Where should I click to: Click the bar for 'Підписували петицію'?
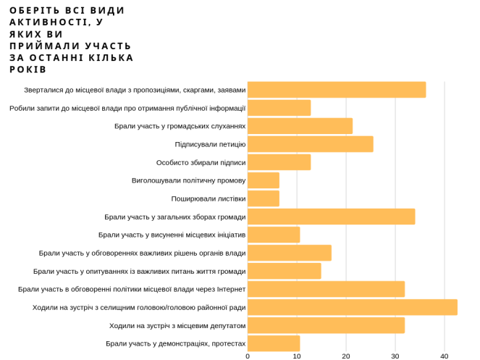coord(310,144)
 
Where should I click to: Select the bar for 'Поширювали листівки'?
coord(263,198)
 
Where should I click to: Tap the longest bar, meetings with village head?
coord(352,307)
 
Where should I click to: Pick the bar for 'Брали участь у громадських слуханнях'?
coord(300,126)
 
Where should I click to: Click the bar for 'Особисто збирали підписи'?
coord(279,162)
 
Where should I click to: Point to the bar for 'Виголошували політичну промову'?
coord(263,180)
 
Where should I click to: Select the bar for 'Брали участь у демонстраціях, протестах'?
coord(274,343)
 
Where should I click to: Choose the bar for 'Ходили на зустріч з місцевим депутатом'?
coord(326,325)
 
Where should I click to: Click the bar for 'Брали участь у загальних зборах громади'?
coord(331,217)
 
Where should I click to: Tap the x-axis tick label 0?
coord(248,356)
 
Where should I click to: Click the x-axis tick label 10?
coord(297,356)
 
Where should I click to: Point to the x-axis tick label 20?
coord(346,356)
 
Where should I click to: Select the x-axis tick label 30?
coord(395,356)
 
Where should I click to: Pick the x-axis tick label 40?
coord(445,356)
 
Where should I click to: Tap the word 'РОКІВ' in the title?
coord(28,70)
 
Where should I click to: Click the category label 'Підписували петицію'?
coord(210,144)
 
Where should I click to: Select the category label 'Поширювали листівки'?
coord(208,198)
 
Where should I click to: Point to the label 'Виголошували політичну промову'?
coord(188,180)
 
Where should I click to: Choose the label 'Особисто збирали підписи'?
coord(201,162)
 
